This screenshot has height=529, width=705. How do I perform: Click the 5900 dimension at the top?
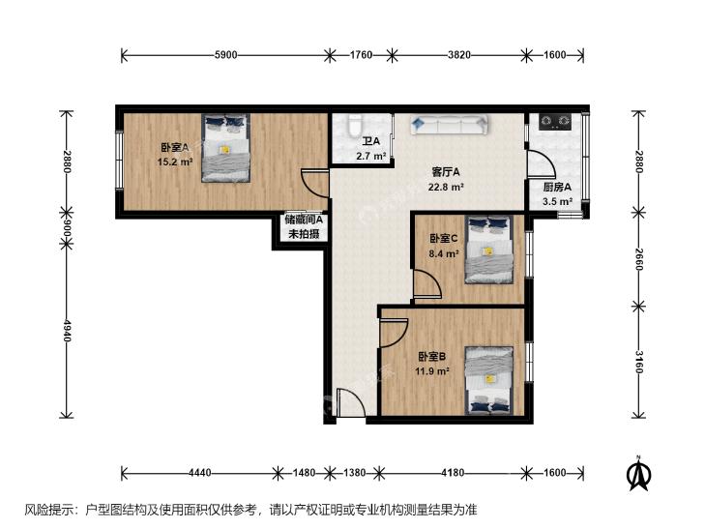pos(225,55)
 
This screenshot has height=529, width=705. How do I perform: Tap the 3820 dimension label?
pos(459,55)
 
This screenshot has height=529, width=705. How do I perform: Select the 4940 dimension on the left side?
pos(67,331)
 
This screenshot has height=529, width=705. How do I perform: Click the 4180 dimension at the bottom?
pos(453,472)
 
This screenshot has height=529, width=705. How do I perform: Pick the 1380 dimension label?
pos(354,472)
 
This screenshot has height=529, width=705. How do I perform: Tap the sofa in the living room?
pos(449,125)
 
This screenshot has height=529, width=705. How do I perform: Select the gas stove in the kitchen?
pos(555,122)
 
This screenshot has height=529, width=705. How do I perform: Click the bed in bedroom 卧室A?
pos(225,148)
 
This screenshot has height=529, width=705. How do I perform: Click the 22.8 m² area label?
pos(446,187)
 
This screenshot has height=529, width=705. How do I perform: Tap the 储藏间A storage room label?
pos(304,220)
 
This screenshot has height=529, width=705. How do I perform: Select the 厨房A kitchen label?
pos(557,187)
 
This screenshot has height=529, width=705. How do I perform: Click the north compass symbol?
pos(638,474)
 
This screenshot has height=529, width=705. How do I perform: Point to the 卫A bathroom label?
pos(371,141)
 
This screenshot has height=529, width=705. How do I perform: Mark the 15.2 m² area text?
pos(175,162)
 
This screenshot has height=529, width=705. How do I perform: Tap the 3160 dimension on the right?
pos(639,363)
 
